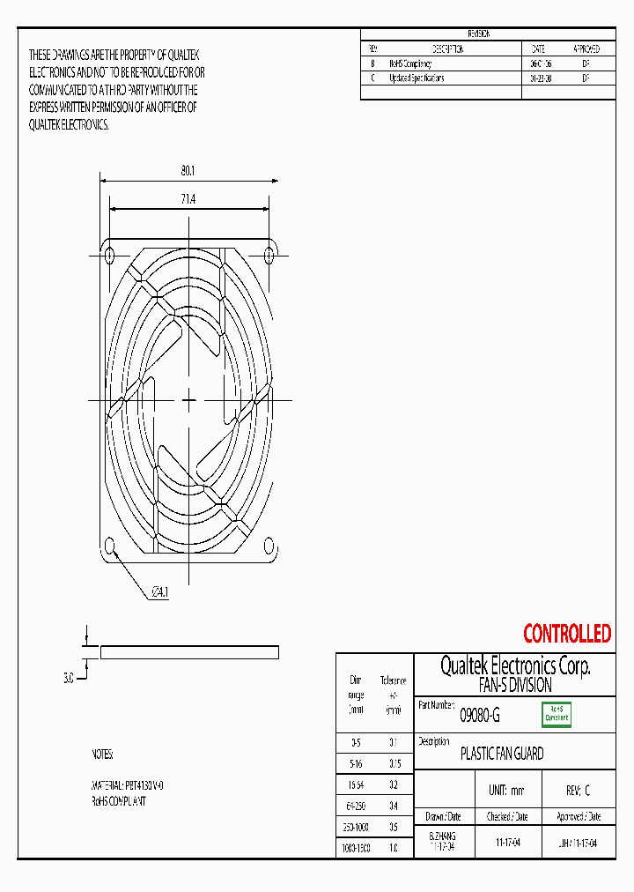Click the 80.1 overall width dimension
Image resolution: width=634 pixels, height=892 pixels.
click(188, 170)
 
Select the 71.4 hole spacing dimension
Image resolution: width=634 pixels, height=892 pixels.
click(188, 200)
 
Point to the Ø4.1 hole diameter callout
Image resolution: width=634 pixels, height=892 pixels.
click(159, 592)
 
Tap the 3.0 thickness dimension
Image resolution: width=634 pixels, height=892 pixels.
click(68, 679)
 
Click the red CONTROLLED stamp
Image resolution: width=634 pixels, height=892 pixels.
click(566, 634)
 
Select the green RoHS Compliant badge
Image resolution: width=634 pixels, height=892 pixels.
click(556, 714)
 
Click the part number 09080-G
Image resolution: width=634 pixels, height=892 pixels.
click(480, 717)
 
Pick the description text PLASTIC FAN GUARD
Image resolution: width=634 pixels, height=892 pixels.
click(502, 754)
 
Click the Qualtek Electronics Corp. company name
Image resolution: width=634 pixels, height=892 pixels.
click(514, 666)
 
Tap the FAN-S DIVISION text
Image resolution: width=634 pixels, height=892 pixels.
click(514, 685)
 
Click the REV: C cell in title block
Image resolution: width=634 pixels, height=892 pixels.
click(575, 791)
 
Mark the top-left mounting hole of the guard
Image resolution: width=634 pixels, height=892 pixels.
click(109, 256)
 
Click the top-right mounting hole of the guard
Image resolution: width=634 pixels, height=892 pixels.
click(269, 256)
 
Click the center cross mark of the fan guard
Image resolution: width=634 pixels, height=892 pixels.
click(188, 400)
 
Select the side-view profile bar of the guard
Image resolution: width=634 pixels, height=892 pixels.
click(189, 652)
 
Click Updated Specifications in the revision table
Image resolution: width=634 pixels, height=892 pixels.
click(417, 78)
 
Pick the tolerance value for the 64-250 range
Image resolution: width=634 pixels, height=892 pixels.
click(393, 807)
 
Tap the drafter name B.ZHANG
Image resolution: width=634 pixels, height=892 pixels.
click(442, 836)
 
